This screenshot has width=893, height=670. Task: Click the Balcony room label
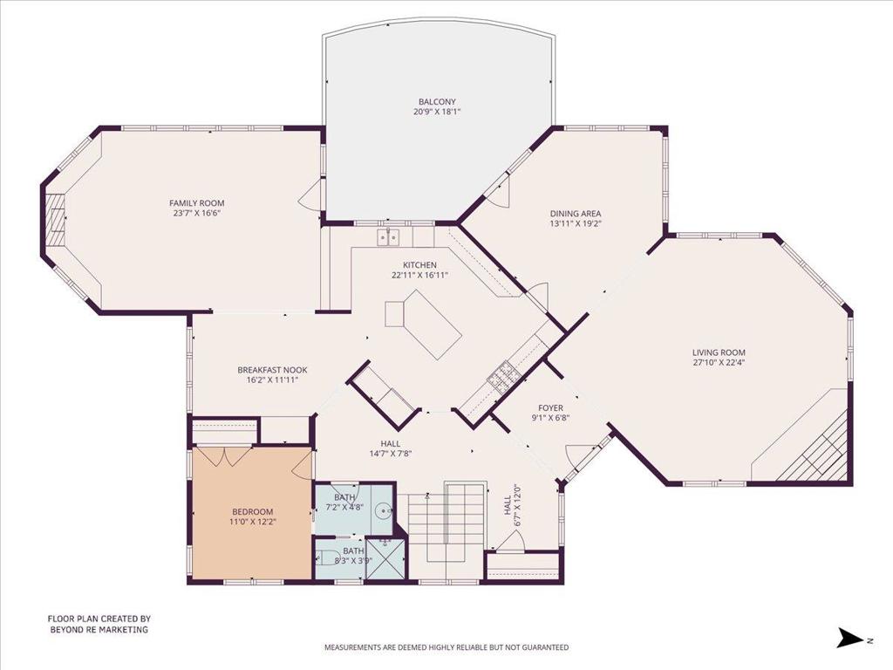[x=437, y=102]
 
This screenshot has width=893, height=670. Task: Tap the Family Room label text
[x=196, y=202]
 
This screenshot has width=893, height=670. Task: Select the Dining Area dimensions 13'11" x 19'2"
[x=576, y=224]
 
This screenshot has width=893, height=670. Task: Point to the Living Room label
[x=719, y=352]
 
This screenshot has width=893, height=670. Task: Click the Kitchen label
[x=419, y=265]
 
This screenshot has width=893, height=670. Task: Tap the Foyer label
[x=551, y=408]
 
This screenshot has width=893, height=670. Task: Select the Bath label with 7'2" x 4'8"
[x=344, y=497]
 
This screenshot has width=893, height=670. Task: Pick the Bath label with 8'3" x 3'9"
[x=353, y=551]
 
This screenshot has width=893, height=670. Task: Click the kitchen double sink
[x=389, y=237]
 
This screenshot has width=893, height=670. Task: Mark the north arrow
[x=850, y=638]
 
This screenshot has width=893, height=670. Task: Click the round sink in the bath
[x=385, y=511]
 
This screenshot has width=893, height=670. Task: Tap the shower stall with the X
[x=386, y=559]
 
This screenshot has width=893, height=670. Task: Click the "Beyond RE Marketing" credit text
[x=99, y=630]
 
